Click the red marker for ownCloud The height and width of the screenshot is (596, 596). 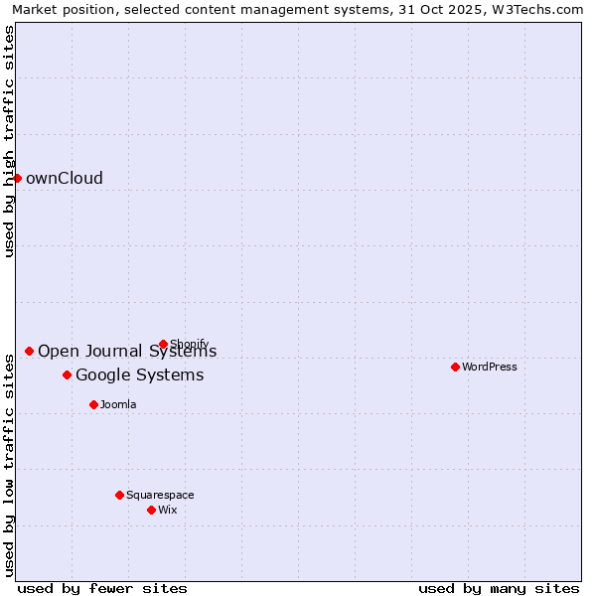pyautogui.click(x=17, y=178)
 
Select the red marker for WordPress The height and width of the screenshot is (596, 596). pyautogui.click(x=455, y=367)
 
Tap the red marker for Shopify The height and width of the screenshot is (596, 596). pyautogui.click(x=163, y=345)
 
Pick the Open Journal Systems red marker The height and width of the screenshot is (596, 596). pyautogui.click(x=29, y=351)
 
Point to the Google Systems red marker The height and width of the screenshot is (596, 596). pyautogui.click(x=67, y=374)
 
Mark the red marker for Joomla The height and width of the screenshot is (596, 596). pyautogui.click(x=93, y=404)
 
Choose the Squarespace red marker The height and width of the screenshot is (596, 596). pyautogui.click(x=119, y=495)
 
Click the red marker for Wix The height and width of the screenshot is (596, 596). pyautogui.click(x=151, y=510)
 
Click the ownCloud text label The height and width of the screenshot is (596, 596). pyautogui.click(x=65, y=179)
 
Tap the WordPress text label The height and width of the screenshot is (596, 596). pyautogui.click(x=490, y=367)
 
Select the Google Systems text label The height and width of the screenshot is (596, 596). pyautogui.click(x=139, y=374)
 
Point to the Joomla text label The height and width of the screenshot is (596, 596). pyautogui.click(x=118, y=404)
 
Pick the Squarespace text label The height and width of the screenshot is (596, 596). pyautogui.click(x=160, y=495)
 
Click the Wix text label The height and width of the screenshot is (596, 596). pyautogui.click(x=168, y=510)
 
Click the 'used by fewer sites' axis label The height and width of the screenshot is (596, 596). pyautogui.click(x=102, y=588)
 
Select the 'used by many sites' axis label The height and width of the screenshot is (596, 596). pyautogui.click(x=499, y=588)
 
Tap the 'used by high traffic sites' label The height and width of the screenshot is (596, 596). pyautogui.click(x=9, y=141)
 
